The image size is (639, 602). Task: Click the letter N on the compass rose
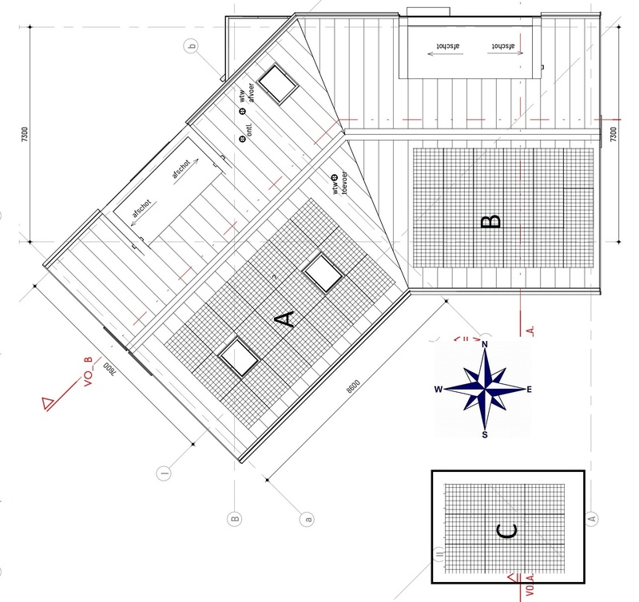(485, 345)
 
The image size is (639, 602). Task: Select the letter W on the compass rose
(438, 390)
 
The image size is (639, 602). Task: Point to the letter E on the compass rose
(530, 390)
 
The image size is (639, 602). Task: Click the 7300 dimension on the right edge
(613, 134)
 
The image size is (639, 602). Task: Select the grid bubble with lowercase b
(191, 47)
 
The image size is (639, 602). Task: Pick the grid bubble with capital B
(235, 518)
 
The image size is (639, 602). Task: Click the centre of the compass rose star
(485, 390)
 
